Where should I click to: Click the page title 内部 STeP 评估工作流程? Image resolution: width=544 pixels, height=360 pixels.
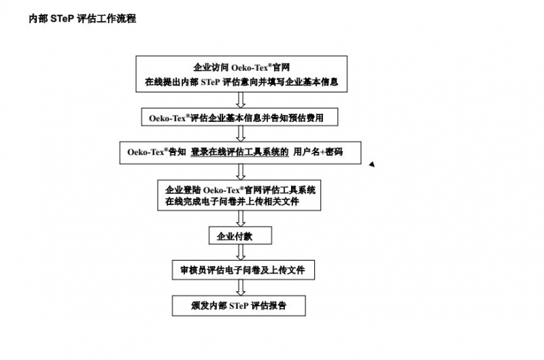(x=82, y=18)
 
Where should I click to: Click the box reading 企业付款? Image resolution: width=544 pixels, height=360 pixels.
(x=240, y=235)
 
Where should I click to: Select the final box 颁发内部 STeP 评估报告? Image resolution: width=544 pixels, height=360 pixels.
(x=239, y=306)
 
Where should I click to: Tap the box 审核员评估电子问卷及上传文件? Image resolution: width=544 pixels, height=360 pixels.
(x=243, y=269)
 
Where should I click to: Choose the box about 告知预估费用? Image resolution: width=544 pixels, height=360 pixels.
(x=239, y=117)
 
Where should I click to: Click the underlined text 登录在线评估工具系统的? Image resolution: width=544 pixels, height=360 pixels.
(x=239, y=152)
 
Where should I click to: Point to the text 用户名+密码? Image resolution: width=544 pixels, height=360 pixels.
(x=318, y=152)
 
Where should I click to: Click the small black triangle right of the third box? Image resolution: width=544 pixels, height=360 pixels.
(x=372, y=164)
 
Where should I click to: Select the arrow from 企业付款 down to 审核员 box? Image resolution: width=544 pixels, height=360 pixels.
(x=241, y=252)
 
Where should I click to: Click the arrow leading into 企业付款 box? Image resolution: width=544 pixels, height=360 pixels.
(x=241, y=218)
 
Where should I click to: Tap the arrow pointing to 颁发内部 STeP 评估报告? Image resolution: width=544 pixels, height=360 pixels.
(x=241, y=287)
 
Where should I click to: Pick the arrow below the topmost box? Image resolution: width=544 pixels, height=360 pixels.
(x=241, y=100)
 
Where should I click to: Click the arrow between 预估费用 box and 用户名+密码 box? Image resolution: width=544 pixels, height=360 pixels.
(x=241, y=133)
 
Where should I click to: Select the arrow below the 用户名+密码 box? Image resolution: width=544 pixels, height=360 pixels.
(x=241, y=172)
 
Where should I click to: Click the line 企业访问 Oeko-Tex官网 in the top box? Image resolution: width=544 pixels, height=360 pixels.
(x=241, y=67)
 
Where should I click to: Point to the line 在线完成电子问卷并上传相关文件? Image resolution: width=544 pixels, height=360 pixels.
(x=232, y=201)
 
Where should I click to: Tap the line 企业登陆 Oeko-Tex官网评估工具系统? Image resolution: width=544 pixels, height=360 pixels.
(x=240, y=190)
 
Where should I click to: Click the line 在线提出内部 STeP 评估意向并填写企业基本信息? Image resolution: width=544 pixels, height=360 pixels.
(x=241, y=82)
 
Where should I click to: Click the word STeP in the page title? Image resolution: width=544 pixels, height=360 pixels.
(x=62, y=18)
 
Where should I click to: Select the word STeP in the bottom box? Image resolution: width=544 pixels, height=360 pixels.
(x=239, y=306)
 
